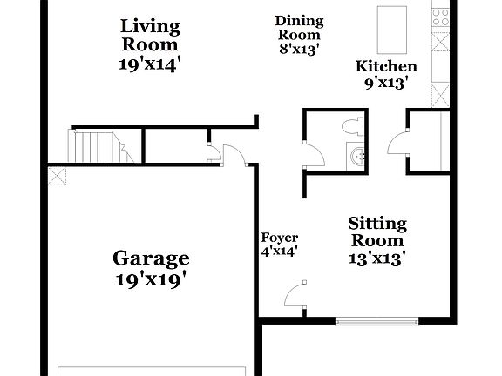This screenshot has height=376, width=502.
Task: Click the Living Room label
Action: tap(150, 34)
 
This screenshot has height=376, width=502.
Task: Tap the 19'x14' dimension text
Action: tap(150, 64)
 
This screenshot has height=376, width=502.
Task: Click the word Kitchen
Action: tap(386, 66)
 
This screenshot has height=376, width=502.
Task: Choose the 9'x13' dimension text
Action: tap(386, 84)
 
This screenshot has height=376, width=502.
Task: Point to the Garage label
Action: tap(151, 258)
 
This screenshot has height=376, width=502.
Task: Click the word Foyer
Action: tap(280, 238)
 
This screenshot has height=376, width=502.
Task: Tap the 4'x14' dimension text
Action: tap(280, 252)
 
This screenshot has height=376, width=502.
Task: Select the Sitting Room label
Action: tap(376, 232)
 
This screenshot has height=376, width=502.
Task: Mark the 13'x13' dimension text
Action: tap(376, 258)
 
